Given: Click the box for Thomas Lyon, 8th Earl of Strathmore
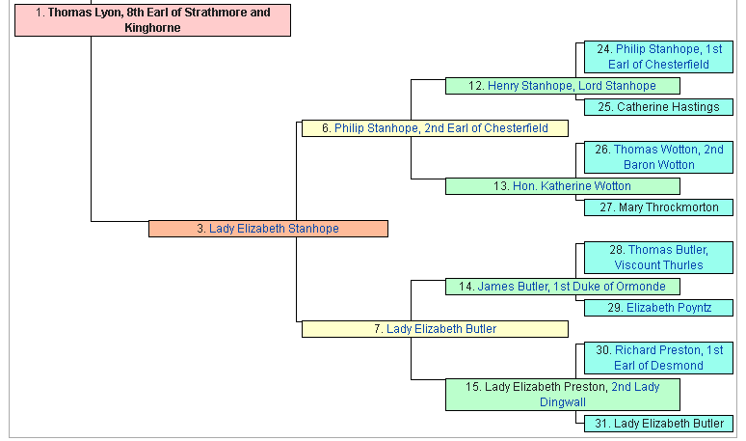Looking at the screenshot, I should tap(152, 20).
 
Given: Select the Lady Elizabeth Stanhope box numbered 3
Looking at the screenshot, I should tap(268, 229).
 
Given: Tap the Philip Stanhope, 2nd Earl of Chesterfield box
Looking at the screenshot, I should tap(435, 128).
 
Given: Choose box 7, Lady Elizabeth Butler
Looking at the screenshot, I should tap(435, 329).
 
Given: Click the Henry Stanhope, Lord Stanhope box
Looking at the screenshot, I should tap(562, 86).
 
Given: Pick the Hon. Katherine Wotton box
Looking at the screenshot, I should tap(562, 186).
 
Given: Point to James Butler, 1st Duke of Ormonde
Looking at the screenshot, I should tap(562, 287).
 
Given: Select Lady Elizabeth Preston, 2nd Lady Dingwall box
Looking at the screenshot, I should tap(562, 395).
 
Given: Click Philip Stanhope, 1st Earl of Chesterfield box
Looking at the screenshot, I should tap(658, 57).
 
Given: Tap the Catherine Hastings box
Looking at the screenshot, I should tap(658, 107).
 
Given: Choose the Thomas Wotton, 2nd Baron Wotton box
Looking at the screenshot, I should tap(658, 157).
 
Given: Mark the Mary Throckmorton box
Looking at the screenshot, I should tap(658, 207).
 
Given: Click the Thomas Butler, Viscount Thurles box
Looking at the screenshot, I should tap(658, 258).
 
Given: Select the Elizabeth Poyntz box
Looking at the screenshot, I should tap(658, 308).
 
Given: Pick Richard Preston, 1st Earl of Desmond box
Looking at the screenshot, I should tap(658, 358).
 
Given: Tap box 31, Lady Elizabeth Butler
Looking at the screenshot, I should tap(658, 424).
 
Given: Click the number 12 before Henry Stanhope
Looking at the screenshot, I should tap(476, 86).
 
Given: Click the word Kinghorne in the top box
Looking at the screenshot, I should tap(152, 28).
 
